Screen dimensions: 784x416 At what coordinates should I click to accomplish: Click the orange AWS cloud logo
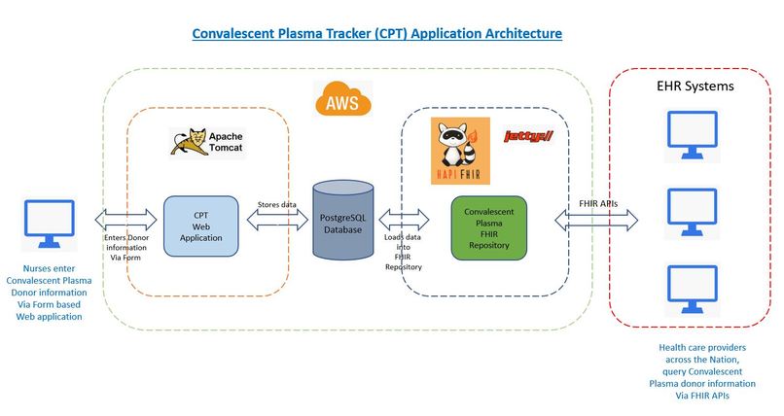click(343, 99)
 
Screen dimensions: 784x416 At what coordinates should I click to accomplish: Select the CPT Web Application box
click(201, 226)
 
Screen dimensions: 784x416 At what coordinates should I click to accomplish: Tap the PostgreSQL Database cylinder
click(343, 221)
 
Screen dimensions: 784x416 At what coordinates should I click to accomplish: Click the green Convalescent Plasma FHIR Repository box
click(489, 228)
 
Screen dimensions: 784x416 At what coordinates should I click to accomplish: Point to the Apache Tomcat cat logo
click(189, 142)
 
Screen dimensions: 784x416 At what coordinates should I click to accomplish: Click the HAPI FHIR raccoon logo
click(460, 151)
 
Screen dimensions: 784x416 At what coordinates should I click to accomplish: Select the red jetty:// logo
click(528, 136)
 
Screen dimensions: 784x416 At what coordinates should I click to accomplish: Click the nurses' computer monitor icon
click(50, 225)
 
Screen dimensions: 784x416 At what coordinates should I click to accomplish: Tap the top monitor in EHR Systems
click(693, 135)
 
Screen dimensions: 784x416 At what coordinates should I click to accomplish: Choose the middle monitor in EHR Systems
click(693, 212)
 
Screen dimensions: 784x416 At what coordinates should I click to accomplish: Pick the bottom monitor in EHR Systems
click(693, 290)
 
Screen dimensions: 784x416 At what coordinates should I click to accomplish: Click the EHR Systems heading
click(695, 86)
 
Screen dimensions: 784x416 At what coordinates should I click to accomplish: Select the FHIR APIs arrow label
click(598, 204)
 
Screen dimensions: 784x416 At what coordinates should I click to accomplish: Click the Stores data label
click(277, 204)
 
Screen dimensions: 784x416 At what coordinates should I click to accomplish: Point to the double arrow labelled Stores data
click(277, 220)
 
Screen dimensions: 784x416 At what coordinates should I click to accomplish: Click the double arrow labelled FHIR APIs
click(596, 220)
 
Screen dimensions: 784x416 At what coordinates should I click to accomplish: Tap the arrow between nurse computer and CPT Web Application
click(125, 220)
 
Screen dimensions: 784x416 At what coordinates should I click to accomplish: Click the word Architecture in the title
click(523, 33)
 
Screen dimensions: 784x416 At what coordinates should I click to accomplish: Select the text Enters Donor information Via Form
click(126, 248)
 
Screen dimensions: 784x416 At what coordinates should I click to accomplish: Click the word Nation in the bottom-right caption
click(724, 360)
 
